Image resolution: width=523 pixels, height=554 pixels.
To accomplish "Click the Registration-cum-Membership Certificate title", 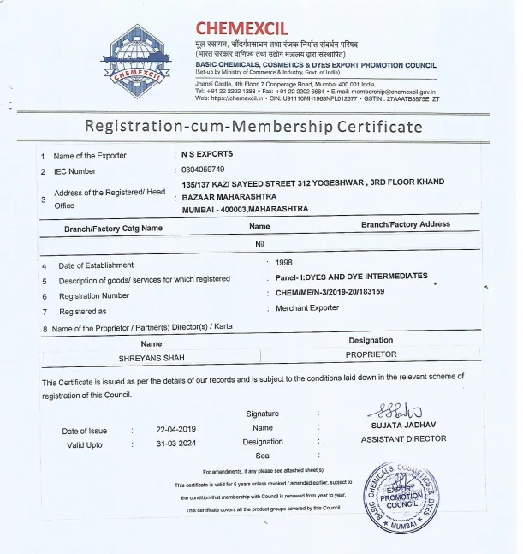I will [x=253, y=127].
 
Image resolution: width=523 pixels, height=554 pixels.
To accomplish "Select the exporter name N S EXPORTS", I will [x=206, y=154].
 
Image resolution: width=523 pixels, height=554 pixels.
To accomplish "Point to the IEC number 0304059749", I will [x=203, y=170].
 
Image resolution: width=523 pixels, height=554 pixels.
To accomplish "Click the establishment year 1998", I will [x=284, y=263].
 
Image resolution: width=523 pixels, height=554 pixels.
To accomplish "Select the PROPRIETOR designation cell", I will [x=371, y=354].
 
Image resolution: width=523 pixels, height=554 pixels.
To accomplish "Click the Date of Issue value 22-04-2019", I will [x=176, y=430].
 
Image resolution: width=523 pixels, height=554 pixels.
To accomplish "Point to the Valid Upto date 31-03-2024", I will [x=176, y=444].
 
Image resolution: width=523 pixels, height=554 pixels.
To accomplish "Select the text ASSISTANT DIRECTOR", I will [x=403, y=438].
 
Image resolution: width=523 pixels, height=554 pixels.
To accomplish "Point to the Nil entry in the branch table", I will [x=260, y=244].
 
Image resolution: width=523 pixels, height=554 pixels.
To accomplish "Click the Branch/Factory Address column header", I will [x=405, y=224].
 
